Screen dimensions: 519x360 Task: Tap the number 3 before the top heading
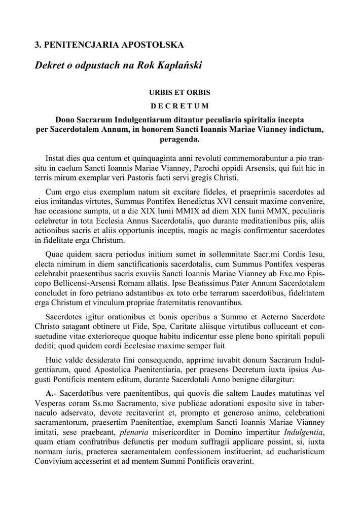[37, 46]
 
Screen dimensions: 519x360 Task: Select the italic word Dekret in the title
[51, 66]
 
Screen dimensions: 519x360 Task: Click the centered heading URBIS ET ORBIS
[179, 93]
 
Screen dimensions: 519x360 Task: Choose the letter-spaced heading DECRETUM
[179, 106]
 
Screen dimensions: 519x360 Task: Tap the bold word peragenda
[179, 138]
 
